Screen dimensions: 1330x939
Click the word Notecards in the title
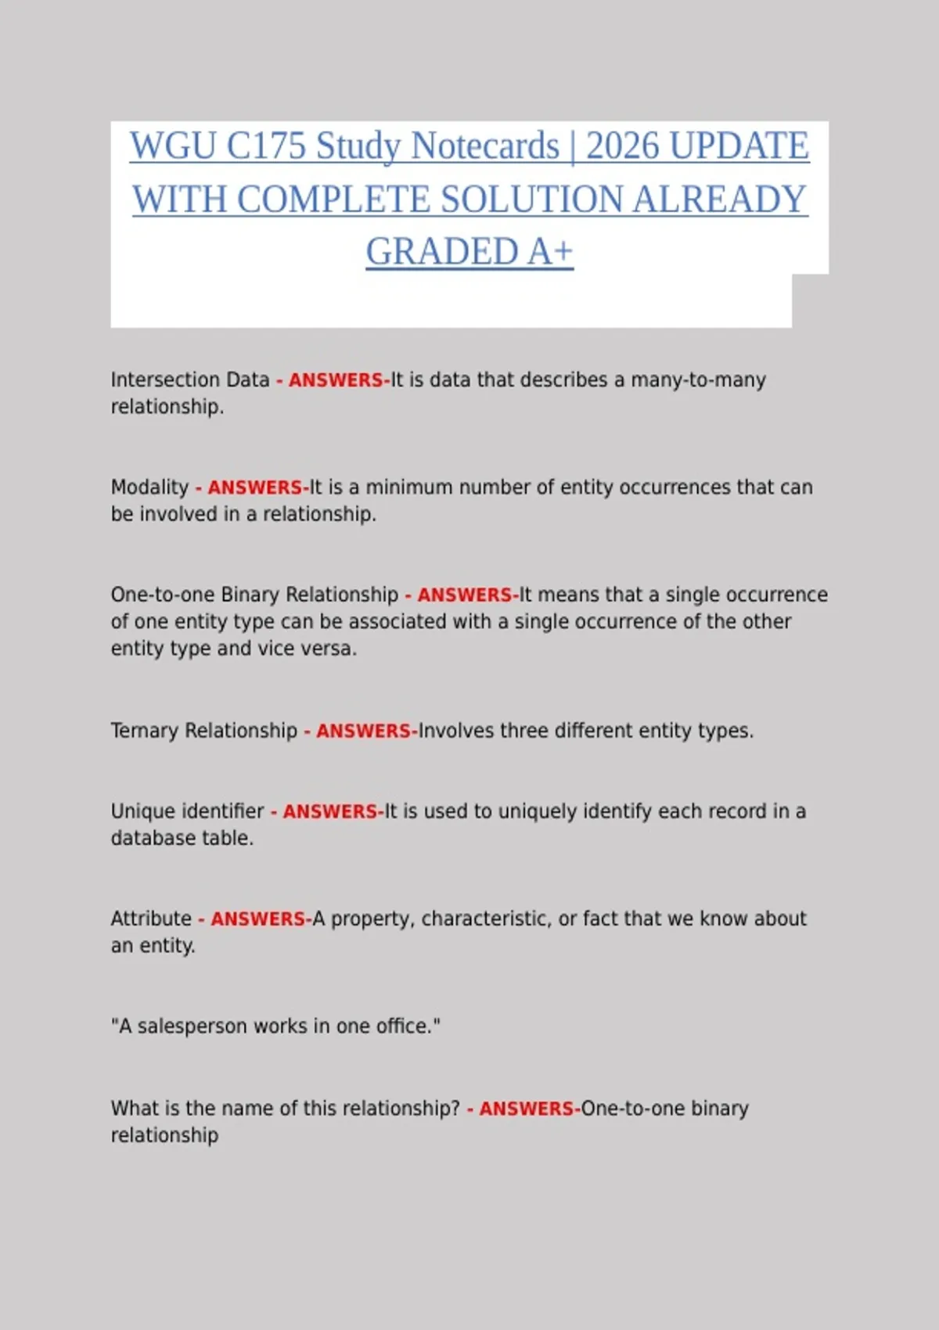pyautogui.click(x=485, y=146)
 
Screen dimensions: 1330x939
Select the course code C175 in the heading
pyautogui.click(x=266, y=146)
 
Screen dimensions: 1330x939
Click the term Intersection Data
pyautogui.click(x=190, y=380)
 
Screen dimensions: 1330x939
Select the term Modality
pyautogui.click(x=149, y=487)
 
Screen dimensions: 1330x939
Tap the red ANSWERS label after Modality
pyautogui.click(x=255, y=487)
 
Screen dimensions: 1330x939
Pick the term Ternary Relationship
pyautogui.click(x=203, y=731)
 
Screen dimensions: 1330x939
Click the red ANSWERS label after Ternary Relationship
pyautogui.click(x=364, y=731)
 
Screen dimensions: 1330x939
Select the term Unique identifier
pyautogui.click(x=187, y=811)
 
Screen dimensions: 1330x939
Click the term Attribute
pyautogui.click(x=151, y=918)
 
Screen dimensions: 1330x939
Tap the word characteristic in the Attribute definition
pyautogui.click(x=485, y=918)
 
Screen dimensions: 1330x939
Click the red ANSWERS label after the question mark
pyautogui.click(x=527, y=1109)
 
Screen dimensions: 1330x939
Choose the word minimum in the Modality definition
pyautogui.click(x=409, y=487)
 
